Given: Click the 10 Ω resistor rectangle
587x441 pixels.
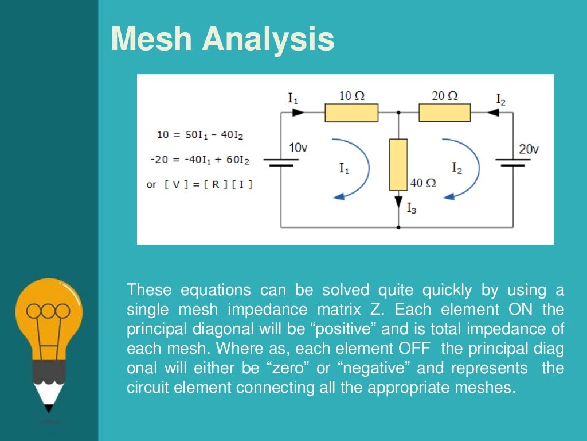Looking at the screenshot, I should coord(351,113).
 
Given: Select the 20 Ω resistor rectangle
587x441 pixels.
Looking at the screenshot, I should coord(444,113).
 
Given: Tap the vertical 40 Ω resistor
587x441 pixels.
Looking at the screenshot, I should coord(398,164).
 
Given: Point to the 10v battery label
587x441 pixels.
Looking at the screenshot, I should coord(298,148).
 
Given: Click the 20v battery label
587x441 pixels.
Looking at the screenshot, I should coord(529,149).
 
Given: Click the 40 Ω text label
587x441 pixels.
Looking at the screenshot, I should coord(424,183).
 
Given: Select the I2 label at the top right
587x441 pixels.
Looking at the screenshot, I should coord(500,99).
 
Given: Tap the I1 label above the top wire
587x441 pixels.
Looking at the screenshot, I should coord(293,98).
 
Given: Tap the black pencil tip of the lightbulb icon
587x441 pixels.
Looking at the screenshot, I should coord(49,408).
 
